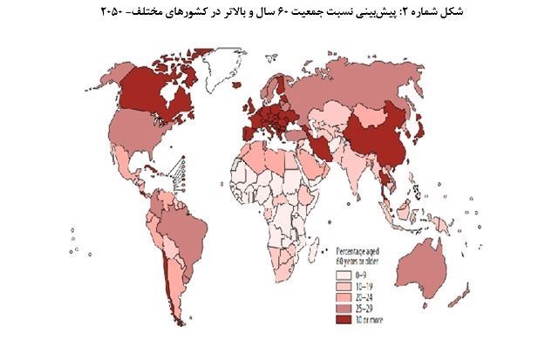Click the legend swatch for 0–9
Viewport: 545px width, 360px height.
click(348, 275)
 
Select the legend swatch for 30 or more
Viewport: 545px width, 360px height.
click(348, 319)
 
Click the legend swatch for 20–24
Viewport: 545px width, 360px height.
click(348, 297)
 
